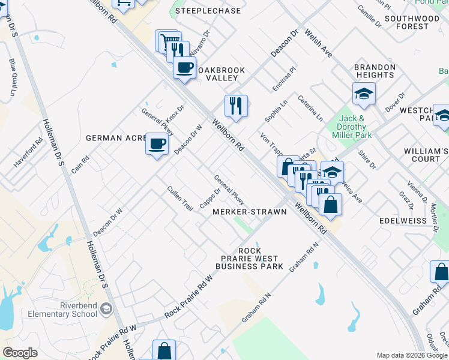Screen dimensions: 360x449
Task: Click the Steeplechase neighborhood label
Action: tap(208, 11)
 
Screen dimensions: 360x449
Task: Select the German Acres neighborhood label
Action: tap(116, 138)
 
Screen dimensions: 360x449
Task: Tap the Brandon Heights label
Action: tap(375, 71)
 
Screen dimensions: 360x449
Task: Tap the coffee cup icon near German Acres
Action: tap(157, 144)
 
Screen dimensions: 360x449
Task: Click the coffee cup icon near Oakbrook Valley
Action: tap(185, 67)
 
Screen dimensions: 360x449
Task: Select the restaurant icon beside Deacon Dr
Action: tap(237, 106)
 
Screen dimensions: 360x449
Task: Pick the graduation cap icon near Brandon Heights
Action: tap(364, 94)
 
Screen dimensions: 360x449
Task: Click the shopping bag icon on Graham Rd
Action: tap(441, 271)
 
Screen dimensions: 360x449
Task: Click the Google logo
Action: tap(20, 353)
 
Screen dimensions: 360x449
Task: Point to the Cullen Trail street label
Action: tap(180, 199)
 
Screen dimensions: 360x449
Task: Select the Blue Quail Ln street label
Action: tap(12, 77)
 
